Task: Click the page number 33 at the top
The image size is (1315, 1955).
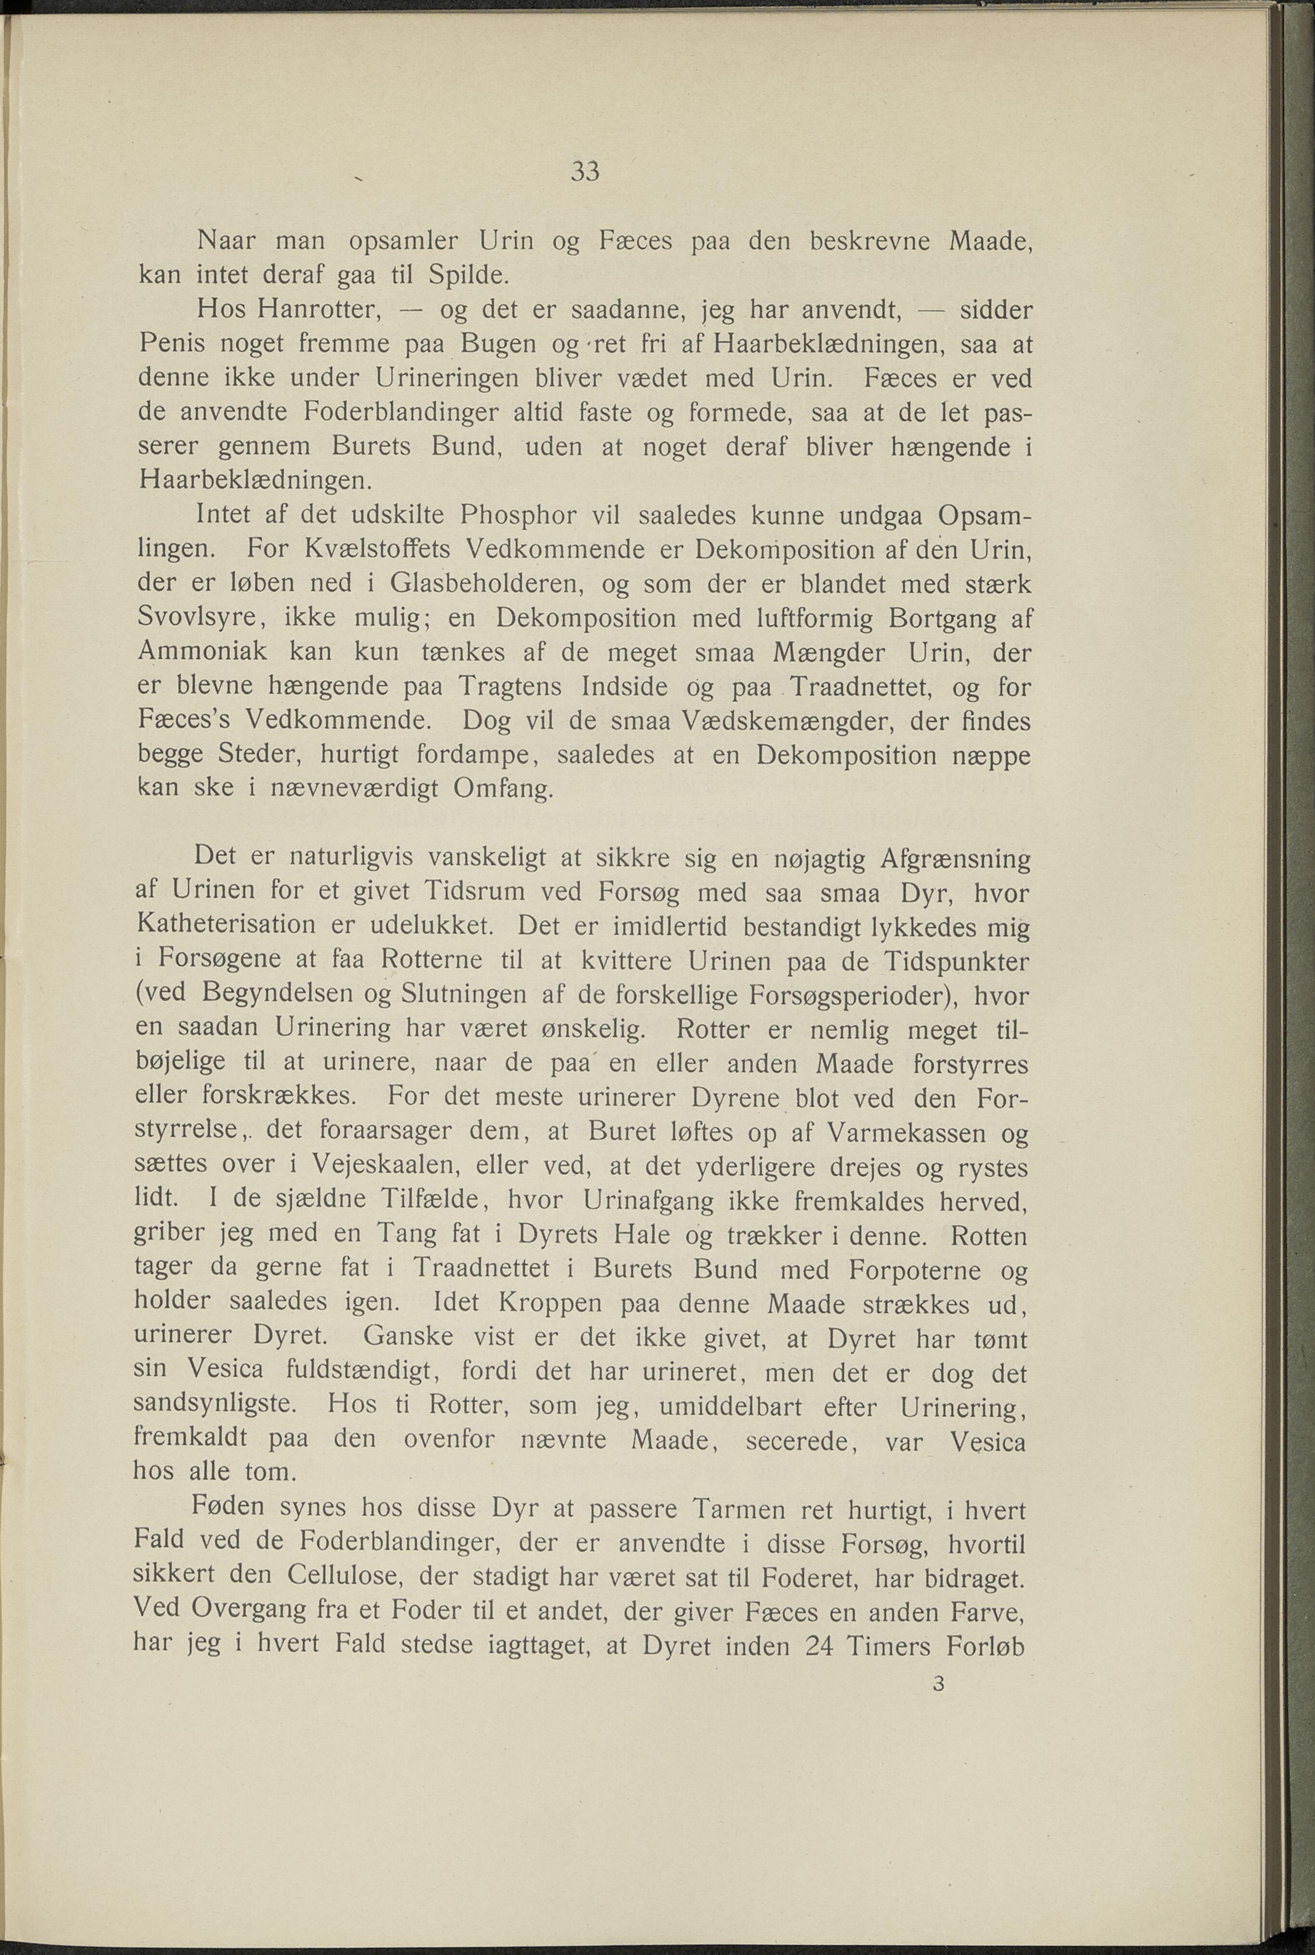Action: [584, 172]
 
